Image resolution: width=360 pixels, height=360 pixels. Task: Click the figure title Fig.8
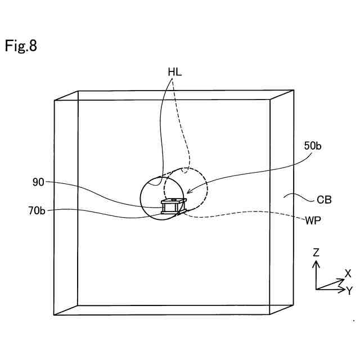[x=21, y=46]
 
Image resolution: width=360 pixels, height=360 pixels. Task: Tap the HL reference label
[x=174, y=72]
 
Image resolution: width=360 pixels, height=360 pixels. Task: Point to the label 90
[x=38, y=182]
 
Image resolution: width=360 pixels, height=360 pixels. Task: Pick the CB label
[x=324, y=199]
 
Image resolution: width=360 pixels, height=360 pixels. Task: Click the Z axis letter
[x=316, y=253]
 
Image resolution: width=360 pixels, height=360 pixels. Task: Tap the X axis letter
[x=348, y=274]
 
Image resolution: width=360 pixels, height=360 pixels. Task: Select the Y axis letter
[x=349, y=290]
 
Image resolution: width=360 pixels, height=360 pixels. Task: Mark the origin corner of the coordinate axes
[x=316, y=289]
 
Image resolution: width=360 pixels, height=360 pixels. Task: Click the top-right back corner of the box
[x=294, y=90]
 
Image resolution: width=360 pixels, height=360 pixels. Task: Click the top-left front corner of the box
[x=55, y=101]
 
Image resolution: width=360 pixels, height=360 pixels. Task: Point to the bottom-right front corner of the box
[x=271, y=314]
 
